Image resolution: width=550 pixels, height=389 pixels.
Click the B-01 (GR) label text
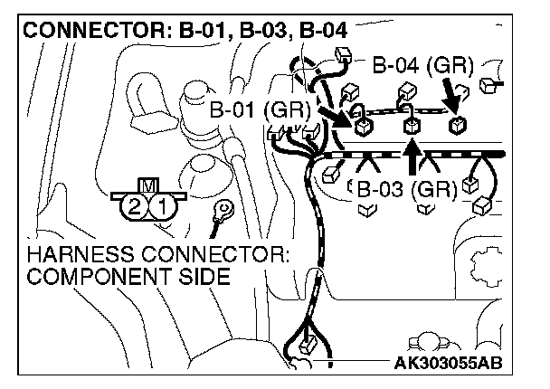tap(259, 111)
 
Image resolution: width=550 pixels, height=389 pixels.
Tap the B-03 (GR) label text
tap(405, 190)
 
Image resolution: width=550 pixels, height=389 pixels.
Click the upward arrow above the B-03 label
tap(412, 156)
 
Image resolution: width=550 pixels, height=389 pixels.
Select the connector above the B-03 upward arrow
tap(412, 125)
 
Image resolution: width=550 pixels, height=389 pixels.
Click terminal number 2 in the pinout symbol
tap(135, 206)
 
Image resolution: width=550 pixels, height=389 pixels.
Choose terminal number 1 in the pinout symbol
tap(162, 206)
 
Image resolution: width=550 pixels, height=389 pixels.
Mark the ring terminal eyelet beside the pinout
tap(218, 213)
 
